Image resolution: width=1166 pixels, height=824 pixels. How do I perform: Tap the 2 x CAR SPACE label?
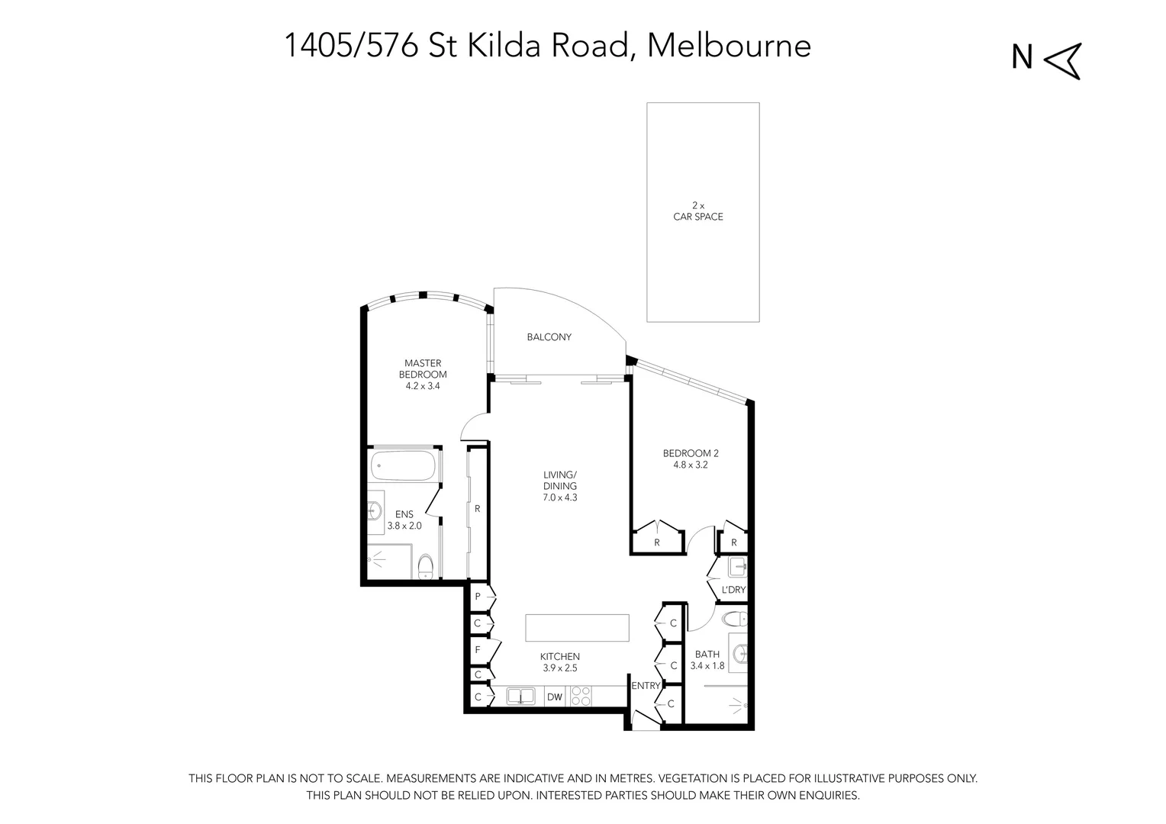pyautogui.click(x=697, y=211)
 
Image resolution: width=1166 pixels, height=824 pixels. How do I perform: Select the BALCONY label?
pyautogui.click(x=549, y=337)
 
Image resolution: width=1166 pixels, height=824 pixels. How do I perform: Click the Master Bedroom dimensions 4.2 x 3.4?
pyautogui.click(x=422, y=386)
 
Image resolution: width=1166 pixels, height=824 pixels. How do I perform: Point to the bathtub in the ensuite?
pyautogui.click(x=403, y=466)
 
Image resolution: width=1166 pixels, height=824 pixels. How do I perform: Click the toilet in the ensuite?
pyautogui.click(x=426, y=567)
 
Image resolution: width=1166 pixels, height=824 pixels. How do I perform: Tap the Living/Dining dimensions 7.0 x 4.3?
pyautogui.click(x=559, y=497)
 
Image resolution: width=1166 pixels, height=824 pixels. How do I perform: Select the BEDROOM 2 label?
pyautogui.click(x=690, y=453)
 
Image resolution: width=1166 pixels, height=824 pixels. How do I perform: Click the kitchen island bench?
pyautogui.click(x=577, y=628)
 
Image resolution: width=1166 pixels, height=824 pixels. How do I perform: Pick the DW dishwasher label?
pyautogui.click(x=554, y=697)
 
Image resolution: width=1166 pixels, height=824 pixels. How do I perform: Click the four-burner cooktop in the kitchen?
pyautogui.click(x=581, y=697)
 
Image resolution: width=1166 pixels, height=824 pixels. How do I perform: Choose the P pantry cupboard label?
pyautogui.click(x=478, y=597)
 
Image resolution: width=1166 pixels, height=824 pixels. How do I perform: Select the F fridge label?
pyautogui.click(x=478, y=650)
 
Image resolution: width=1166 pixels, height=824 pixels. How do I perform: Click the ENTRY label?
pyautogui.click(x=645, y=686)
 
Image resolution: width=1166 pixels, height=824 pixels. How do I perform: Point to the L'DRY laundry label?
pyautogui.click(x=733, y=591)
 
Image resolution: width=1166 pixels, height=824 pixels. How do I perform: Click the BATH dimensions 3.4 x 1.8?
pyautogui.click(x=707, y=666)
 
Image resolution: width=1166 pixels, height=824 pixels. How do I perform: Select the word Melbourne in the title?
pyautogui.click(x=729, y=45)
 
